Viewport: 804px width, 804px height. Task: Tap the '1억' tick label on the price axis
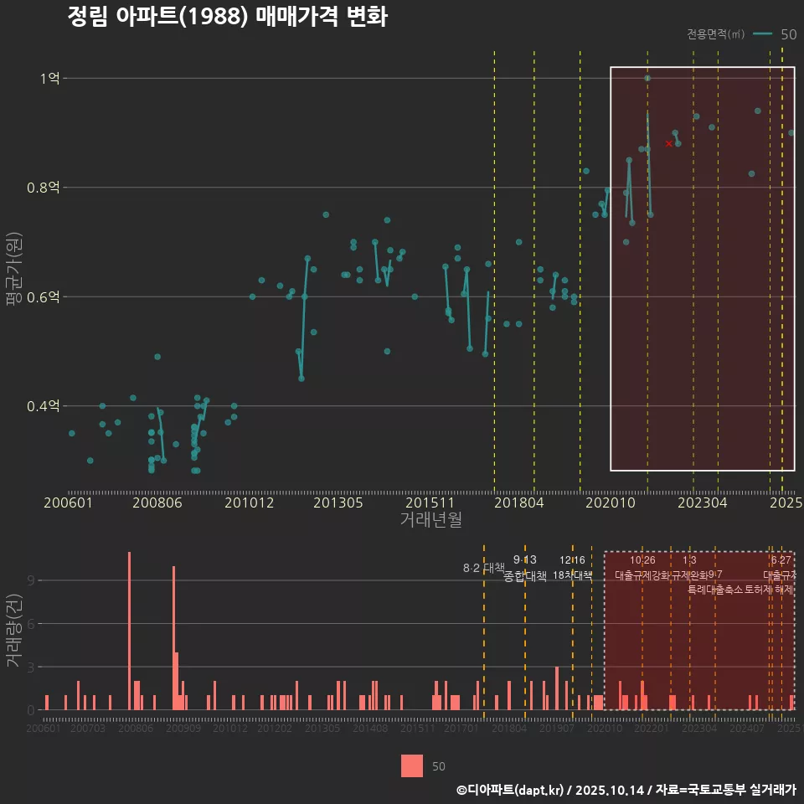coord(49,79)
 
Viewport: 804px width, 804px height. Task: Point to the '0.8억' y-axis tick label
coord(44,188)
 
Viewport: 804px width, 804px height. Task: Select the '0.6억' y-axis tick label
coord(44,297)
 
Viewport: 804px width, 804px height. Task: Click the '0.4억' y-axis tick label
coord(44,406)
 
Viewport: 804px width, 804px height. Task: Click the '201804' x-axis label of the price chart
coord(518,503)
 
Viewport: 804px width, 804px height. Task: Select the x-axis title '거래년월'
coord(430,520)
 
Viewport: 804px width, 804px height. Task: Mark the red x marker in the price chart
coord(668,143)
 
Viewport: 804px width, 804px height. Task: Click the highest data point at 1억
coord(647,78)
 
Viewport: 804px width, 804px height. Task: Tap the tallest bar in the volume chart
coord(129,631)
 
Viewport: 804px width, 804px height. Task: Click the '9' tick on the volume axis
coord(30,580)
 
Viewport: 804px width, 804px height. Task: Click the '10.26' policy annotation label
coord(642,560)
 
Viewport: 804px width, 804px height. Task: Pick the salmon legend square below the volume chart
coord(412,765)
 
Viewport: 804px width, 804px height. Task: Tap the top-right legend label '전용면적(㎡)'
coord(715,34)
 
